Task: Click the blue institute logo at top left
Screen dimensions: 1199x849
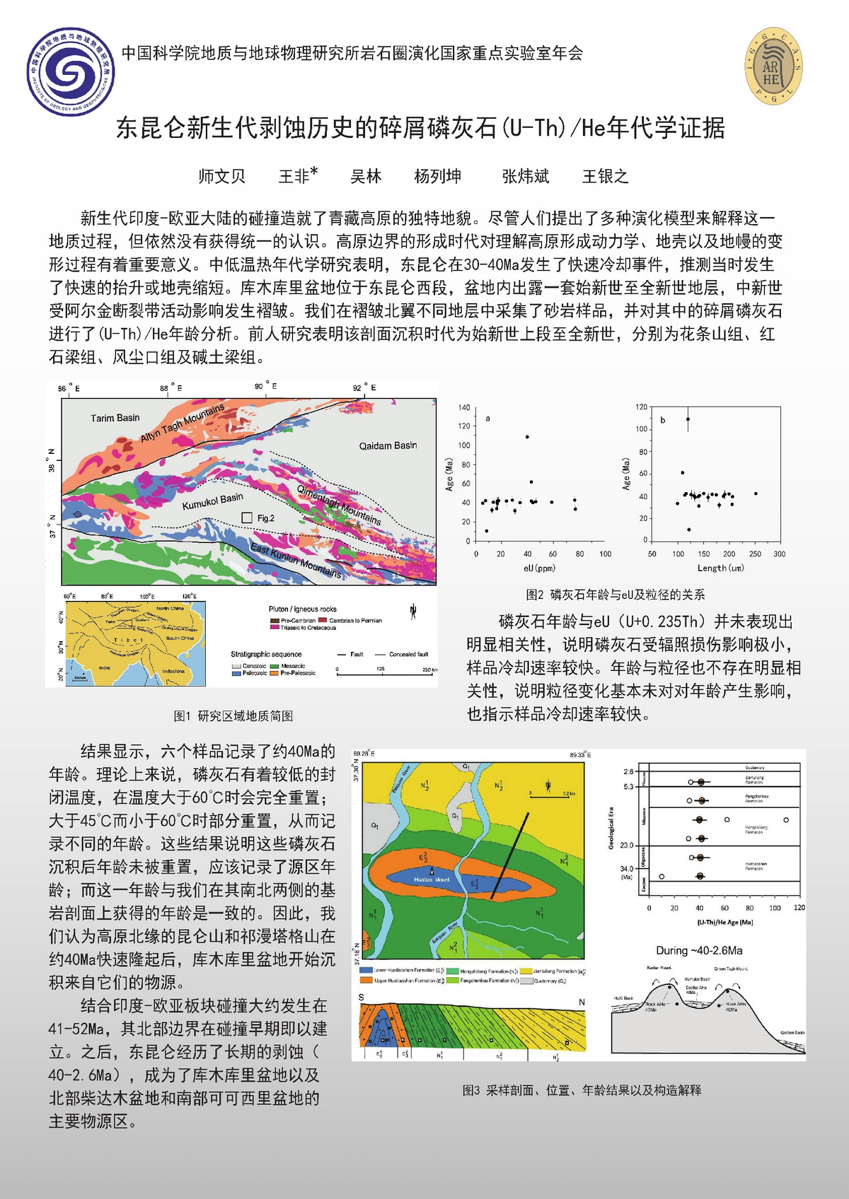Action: [71, 71]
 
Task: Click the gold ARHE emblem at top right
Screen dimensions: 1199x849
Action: [773, 67]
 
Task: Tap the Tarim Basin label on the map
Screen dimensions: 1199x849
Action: [115, 418]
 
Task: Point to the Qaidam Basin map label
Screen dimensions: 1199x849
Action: [388, 445]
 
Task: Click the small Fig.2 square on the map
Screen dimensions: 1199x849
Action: [247, 517]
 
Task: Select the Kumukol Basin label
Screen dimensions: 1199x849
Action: [212, 501]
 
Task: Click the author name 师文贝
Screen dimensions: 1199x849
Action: [221, 176]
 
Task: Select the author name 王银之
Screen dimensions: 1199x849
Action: [605, 176]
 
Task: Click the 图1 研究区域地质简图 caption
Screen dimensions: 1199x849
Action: [233, 716]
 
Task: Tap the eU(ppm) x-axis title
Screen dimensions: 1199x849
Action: [539, 568]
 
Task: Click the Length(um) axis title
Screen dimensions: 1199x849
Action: [720, 568]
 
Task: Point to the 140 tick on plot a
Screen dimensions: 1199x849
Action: [464, 408]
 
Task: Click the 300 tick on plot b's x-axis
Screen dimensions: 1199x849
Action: [779, 554]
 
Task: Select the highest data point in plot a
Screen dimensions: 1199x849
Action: [527, 437]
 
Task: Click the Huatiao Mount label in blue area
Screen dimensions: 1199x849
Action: [432, 879]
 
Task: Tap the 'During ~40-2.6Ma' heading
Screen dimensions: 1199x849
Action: [699, 950]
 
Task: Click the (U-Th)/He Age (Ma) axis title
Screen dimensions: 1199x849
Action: [724, 922]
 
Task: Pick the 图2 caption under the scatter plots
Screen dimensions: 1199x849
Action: [615, 595]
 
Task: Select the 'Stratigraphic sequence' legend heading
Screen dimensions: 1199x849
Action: [266, 654]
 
